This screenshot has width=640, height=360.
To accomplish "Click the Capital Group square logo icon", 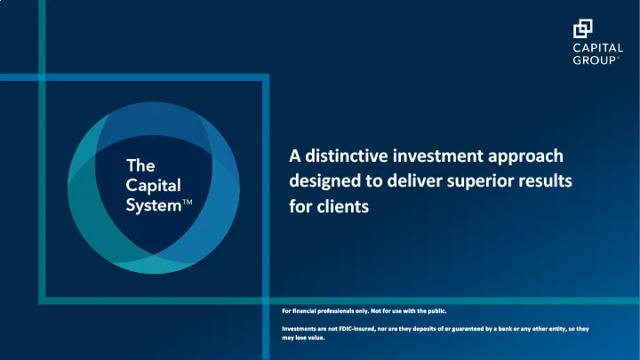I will (x=583, y=30).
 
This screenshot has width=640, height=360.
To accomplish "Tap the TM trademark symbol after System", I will (x=187, y=204).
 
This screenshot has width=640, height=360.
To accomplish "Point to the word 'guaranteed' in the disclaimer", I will (x=468, y=329).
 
